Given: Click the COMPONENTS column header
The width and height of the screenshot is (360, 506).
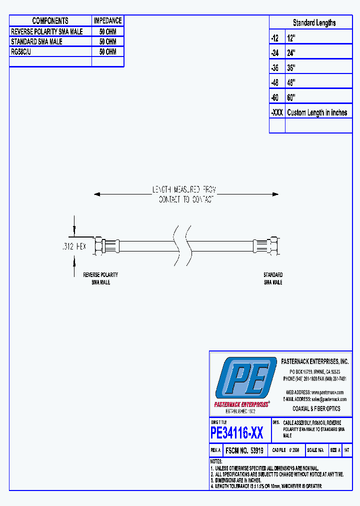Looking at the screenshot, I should [50, 21].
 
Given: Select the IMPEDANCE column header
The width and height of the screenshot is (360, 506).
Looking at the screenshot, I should [107, 21].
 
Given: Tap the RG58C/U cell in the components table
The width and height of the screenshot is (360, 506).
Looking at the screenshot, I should [21, 51].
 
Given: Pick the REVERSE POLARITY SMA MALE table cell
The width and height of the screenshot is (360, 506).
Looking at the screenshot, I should [47, 31].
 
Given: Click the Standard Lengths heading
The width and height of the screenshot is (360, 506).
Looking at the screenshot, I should [314, 23].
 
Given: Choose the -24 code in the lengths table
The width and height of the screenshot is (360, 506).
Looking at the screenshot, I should [274, 52].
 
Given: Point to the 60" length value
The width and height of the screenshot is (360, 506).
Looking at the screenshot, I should [291, 97].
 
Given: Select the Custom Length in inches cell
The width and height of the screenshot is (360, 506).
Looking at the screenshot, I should [317, 112].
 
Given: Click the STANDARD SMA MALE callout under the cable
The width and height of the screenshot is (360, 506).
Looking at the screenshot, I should [273, 278].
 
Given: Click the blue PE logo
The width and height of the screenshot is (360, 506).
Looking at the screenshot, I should [244, 379].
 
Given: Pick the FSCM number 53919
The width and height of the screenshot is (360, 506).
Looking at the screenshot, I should [245, 450].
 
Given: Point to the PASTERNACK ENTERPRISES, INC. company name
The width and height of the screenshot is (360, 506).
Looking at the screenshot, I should [315, 361].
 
